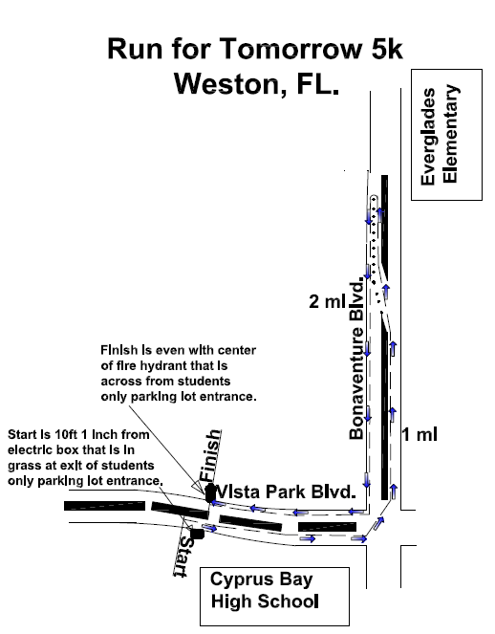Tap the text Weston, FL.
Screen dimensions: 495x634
pyautogui.click(x=257, y=84)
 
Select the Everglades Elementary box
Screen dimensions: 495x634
pyautogui.click(x=446, y=135)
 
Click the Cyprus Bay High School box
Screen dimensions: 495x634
pyautogui.click(x=274, y=597)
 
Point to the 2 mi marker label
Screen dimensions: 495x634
pyautogui.click(x=327, y=301)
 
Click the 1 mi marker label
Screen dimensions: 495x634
pyautogui.click(x=420, y=435)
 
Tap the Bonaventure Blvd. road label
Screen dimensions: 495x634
pyautogui.click(x=356, y=359)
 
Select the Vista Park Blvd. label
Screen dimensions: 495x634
pyautogui.click(x=286, y=492)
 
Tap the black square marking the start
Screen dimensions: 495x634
pyautogui.click(x=197, y=534)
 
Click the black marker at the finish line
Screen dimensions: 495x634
pyautogui.click(x=209, y=493)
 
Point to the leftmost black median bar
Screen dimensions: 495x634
pyautogui.click(x=104, y=506)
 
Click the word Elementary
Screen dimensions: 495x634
pyautogui.click(x=450, y=134)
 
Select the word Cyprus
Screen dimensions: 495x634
pyautogui.click(x=236, y=580)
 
